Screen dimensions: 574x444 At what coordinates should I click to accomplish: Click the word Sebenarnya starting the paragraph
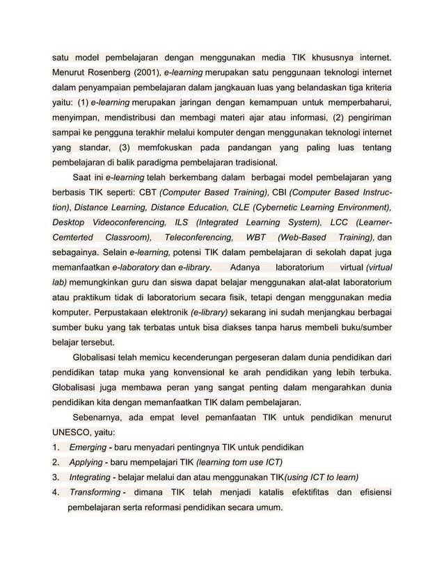(101, 416)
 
